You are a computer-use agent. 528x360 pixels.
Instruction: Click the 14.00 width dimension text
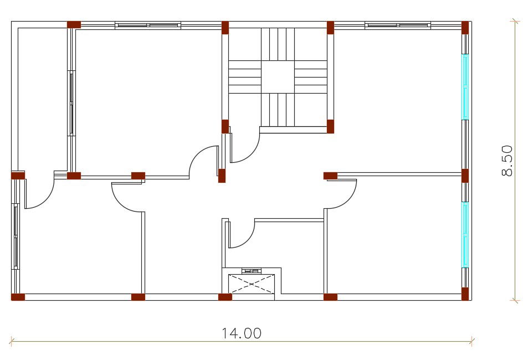(241, 333)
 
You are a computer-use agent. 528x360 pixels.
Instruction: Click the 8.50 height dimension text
(507, 161)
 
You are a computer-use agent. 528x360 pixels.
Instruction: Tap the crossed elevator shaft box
(252, 284)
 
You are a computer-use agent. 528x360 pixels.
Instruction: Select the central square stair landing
(278, 77)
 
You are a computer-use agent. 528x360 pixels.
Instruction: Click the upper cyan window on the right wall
(465, 87)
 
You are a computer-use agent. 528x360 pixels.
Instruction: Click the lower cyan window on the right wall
(465, 235)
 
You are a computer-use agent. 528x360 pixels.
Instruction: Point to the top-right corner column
(465, 28)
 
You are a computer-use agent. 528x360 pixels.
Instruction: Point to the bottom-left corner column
(18, 297)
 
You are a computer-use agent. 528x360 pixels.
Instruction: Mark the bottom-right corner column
(465, 294)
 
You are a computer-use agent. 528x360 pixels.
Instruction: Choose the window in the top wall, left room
(148, 25)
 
